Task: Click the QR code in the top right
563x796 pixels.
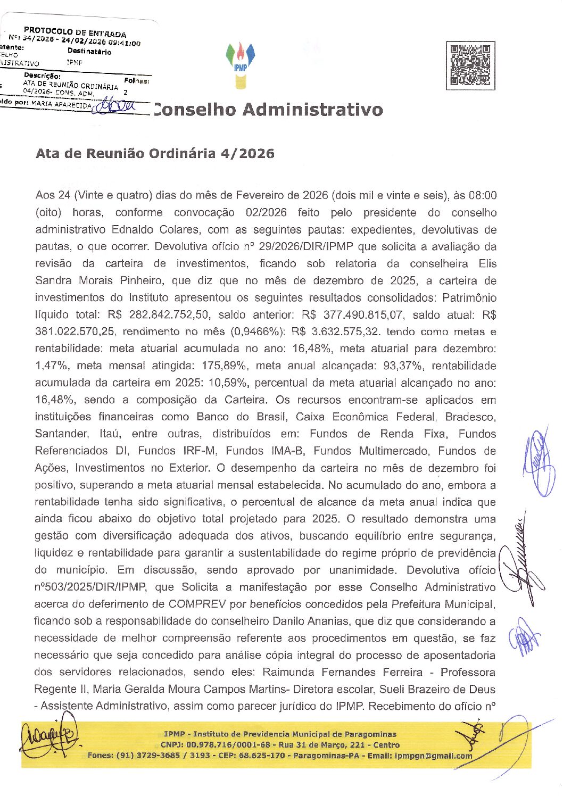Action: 470,65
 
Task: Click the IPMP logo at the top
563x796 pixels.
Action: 241,65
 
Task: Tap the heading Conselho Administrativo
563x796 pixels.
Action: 268,110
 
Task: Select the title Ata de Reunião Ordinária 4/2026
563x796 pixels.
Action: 155,154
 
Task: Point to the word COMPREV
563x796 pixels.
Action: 197,604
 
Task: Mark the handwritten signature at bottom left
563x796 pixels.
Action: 49,737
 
